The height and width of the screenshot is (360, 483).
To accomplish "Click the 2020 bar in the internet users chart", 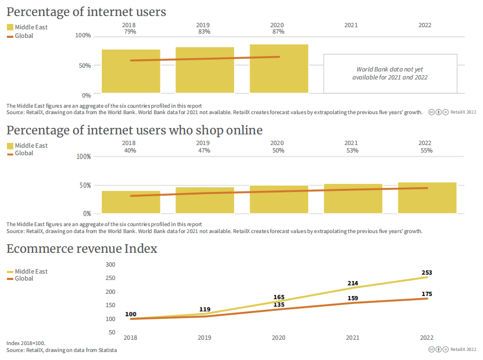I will (x=279, y=68).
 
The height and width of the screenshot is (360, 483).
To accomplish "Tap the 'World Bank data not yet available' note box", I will (x=390, y=73).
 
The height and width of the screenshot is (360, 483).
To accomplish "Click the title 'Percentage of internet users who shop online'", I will (x=134, y=130).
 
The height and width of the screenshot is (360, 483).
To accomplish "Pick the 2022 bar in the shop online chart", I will (x=427, y=198).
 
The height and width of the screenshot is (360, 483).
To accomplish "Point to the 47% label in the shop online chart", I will (x=203, y=150).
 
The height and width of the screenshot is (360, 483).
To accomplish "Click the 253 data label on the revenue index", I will (x=426, y=273).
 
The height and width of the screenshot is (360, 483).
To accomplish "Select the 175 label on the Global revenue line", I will (x=426, y=294).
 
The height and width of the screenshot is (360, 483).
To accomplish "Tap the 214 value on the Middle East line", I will (x=352, y=283).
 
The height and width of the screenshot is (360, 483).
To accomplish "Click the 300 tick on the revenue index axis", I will (x=110, y=265).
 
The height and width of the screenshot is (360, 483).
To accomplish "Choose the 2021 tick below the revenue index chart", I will (x=352, y=338).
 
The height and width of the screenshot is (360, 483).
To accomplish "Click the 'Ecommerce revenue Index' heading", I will (x=82, y=249).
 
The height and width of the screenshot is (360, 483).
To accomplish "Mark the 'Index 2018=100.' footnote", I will (x=26, y=343).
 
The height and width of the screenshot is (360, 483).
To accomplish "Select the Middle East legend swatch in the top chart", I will (x=10, y=27).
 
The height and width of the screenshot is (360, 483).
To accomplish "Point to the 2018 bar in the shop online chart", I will (x=131, y=202).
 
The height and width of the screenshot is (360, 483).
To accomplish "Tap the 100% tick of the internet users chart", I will (x=83, y=36).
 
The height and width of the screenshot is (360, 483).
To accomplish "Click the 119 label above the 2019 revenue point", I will (x=205, y=309).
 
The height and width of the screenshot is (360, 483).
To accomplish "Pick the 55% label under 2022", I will (x=425, y=150).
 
